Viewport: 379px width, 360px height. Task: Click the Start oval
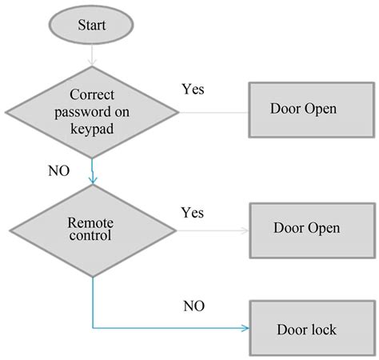coord(91,25)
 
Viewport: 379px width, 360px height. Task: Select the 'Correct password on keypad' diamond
coord(92,112)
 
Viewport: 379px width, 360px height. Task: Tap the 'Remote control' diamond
coord(93,230)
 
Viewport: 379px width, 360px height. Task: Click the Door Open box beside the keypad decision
coord(312,110)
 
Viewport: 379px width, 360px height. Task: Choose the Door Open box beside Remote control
coord(313,230)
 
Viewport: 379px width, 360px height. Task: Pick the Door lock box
coord(313,328)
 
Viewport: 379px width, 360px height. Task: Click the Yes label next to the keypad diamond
coord(193,89)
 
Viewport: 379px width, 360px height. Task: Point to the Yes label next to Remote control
coord(193,213)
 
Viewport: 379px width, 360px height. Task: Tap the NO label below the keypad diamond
coord(59,170)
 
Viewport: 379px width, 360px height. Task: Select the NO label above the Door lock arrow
coord(194,306)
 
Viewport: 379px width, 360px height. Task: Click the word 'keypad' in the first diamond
coord(92,129)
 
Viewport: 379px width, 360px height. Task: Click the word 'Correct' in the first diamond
coord(92,94)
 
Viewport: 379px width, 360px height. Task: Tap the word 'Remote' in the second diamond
coord(90,222)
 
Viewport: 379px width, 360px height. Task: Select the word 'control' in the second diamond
coord(90,235)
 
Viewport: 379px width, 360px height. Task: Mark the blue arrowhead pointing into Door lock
coord(245,328)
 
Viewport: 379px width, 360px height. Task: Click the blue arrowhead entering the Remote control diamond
coord(93,181)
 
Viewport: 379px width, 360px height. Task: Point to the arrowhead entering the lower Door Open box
coord(245,230)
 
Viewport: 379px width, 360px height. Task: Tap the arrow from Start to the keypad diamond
coord(92,55)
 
